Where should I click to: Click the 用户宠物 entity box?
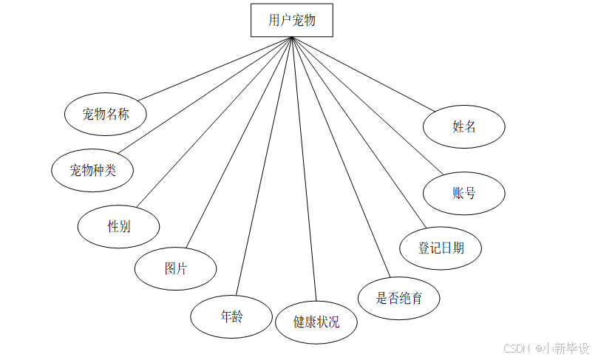coord(291,20)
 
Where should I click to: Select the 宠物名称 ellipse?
coord(106,114)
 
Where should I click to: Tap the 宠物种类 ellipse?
coord(93,170)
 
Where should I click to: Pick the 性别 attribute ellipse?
coord(119,226)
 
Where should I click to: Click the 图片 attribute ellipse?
coord(176,268)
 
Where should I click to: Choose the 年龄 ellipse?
coord(231,317)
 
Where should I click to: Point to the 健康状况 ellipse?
coord(316,322)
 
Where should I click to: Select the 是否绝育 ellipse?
coord(399,298)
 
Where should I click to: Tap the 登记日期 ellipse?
coord(441,248)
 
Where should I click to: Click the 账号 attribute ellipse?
coord(464,194)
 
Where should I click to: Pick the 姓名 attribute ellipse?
coord(464,126)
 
